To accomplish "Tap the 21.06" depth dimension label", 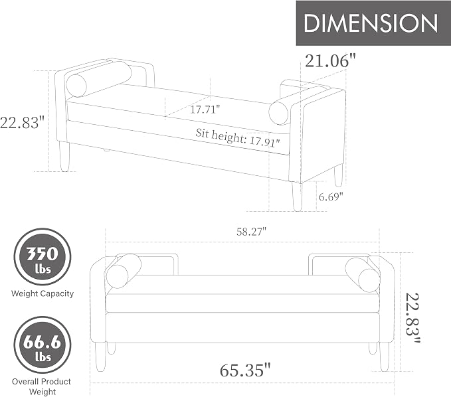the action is (330, 60).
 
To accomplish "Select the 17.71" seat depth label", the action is (205, 110).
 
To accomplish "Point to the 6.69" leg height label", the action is (331, 197).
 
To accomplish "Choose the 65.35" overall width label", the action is (245, 370).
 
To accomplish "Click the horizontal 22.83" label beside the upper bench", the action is (23, 122).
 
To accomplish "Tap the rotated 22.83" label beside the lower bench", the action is (412, 317).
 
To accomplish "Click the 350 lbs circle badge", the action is (43, 257).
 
